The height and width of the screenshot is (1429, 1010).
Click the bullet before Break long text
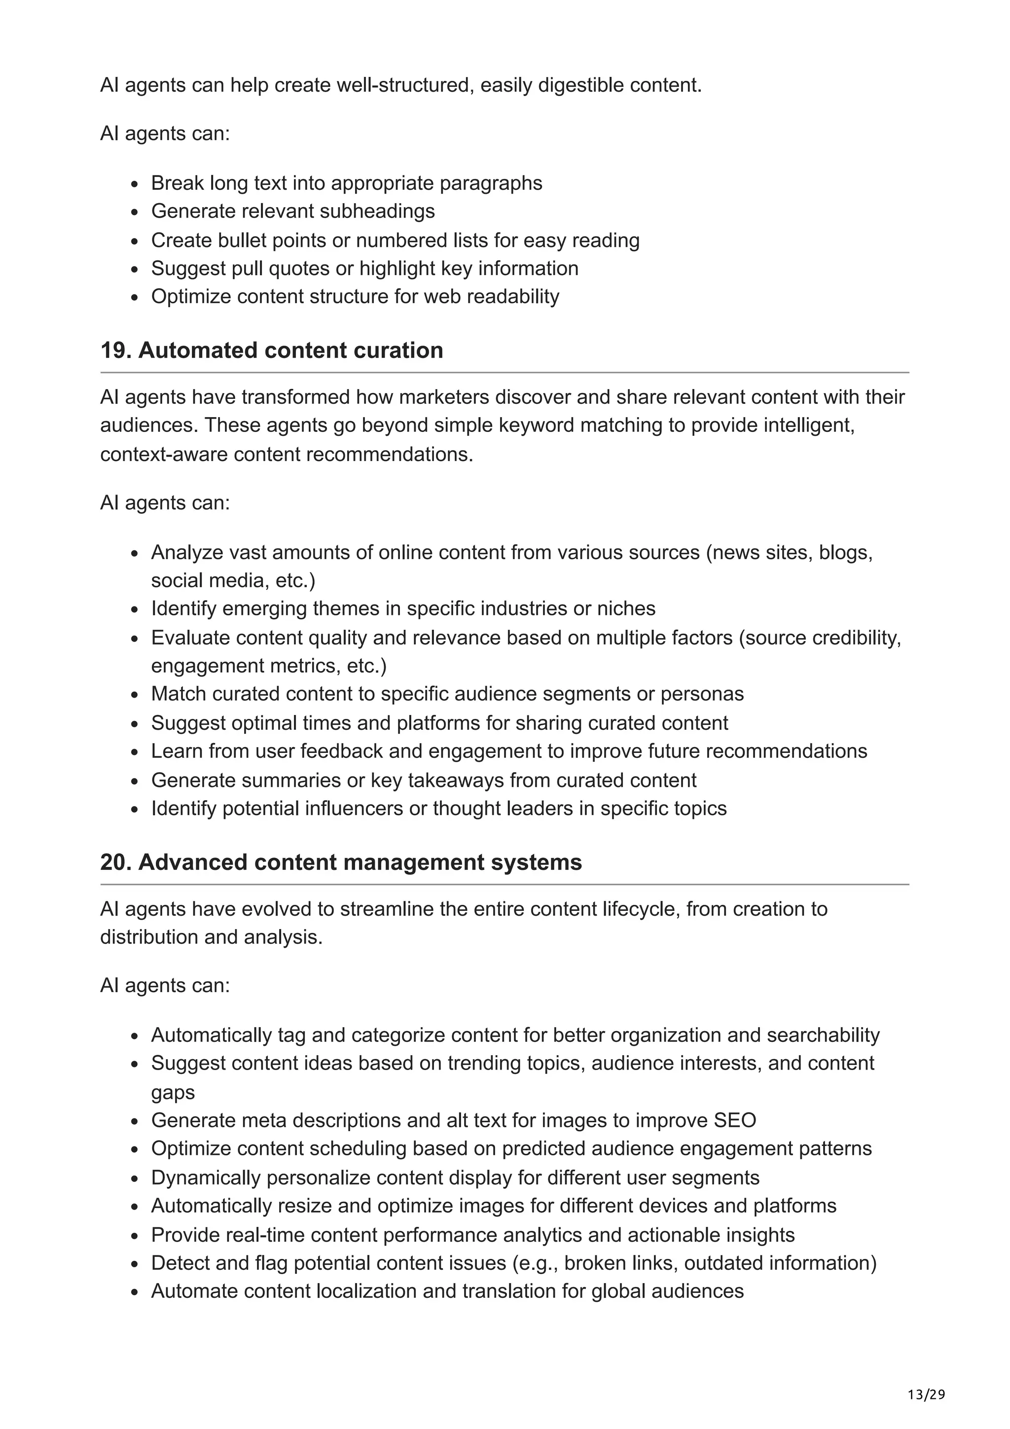tap(135, 184)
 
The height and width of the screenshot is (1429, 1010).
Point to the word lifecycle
tap(640, 909)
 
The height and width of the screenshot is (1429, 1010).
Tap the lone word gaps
tap(173, 1093)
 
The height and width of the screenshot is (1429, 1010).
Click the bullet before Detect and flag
tap(135, 1264)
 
